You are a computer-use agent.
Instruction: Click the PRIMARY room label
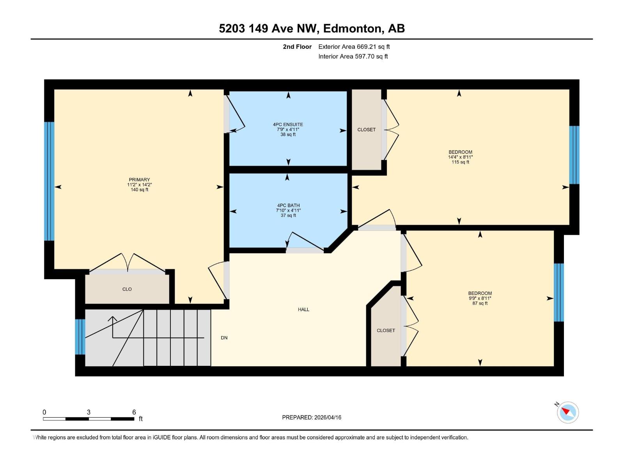click(x=139, y=180)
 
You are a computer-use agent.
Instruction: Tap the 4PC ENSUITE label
click(x=288, y=124)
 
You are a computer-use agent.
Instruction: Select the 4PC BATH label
click(x=288, y=205)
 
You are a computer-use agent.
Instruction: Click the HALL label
click(x=303, y=309)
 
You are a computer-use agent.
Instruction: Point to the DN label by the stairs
click(x=224, y=338)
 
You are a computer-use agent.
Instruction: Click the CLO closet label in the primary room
click(x=127, y=289)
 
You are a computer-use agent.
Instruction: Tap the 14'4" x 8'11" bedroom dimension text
click(x=460, y=157)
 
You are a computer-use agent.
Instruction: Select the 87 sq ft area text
click(x=480, y=303)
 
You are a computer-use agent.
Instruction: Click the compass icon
click(x=567, y=412)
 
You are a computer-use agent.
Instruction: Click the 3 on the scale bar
click(x=89, y=412)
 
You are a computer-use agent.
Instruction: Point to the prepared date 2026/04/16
click(x=327, y=417)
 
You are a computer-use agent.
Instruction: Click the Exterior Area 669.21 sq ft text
click(x=354, y=46)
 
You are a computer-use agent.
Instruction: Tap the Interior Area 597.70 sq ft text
click(x=353, y=56)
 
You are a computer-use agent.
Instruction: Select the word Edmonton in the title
click(x=352, y=28)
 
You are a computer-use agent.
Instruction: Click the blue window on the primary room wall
click(x=49, y=181)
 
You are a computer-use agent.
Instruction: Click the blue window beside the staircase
click(x=80, y=337)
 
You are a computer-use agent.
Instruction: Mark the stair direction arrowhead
click(x=113, y=319)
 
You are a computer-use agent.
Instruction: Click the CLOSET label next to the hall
click(x=386, y=330)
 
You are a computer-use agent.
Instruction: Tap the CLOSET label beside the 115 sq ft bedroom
click(x=366, y=129)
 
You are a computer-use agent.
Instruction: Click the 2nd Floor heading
click(x=297, y=46)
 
